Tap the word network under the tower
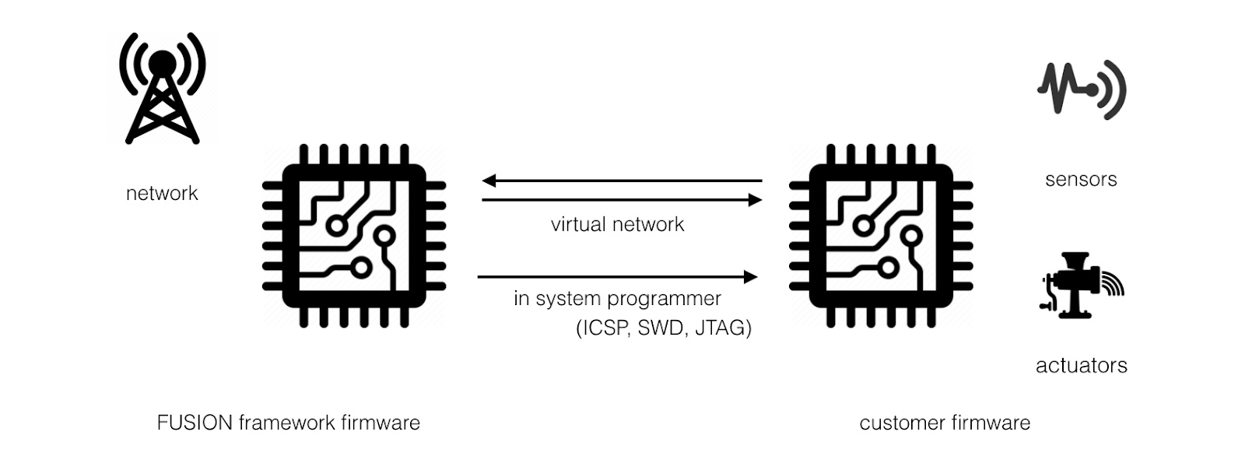coord(162,193)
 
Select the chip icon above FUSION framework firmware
coord(354,236)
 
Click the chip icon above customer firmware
coord(880,236)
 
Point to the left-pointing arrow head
coord(489,181)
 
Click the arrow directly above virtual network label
coord(621,200)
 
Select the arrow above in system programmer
coord(617,276)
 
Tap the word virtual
coord(577,224)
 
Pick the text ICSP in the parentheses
coord(605,328)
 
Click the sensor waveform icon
coord(1082,90)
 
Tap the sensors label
coord(1081,180)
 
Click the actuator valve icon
coord(1080,285)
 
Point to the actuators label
coord(1081,365)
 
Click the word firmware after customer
coord(991,423)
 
